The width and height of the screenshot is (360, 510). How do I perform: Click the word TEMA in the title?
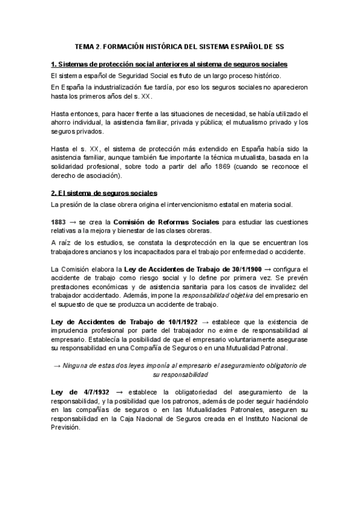tap(84, 46)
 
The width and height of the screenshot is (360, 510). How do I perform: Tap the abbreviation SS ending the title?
tap(278, 46)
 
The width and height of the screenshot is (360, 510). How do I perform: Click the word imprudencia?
tap(71, 331)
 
